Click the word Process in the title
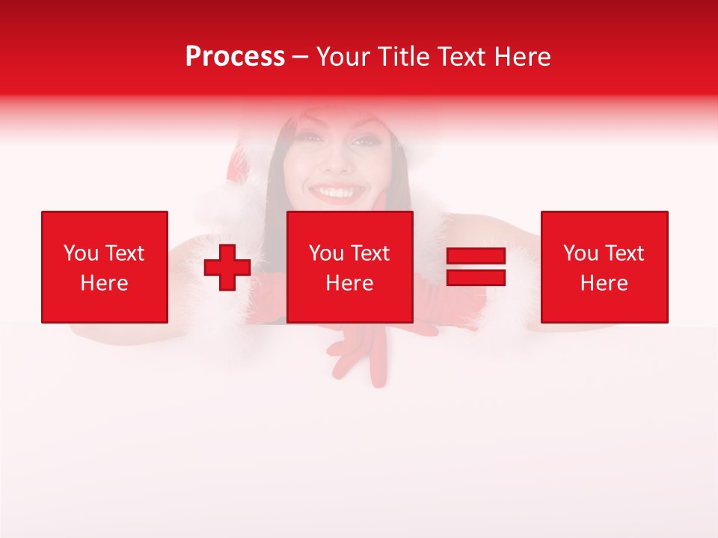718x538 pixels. click(x=235, y=57)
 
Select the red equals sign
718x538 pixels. click(x=476, y=267)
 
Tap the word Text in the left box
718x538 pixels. click(x=124, y=253)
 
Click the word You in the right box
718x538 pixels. click(x=581, y=253)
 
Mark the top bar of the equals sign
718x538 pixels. click(x=476, y=256)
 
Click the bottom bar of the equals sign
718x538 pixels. click(x=476, y=277)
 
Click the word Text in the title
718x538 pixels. click(x=459, y=57)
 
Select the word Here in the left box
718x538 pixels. click(x=104, y=283)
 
